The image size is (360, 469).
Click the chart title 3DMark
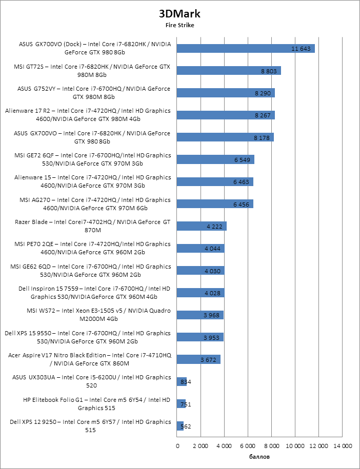point(179,14)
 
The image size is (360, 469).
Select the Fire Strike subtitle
point(179,24)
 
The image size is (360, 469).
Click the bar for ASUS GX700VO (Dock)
point(246,48)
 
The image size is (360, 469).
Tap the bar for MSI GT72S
point(229,71)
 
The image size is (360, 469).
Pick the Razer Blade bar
point(202,226)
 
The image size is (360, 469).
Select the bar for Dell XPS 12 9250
point(180,425)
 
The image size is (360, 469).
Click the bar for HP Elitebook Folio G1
point(181,403)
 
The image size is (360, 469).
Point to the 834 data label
point(187,381)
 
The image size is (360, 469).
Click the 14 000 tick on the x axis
point(343,446)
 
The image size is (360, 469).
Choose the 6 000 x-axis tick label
point(248,446)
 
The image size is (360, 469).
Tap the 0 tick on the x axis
point(177,446)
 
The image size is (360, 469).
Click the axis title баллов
point(259,456)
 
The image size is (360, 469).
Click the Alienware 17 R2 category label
point(87,115)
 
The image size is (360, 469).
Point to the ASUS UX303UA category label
point(91,381)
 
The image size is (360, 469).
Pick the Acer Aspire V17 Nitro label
point(89,359)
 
